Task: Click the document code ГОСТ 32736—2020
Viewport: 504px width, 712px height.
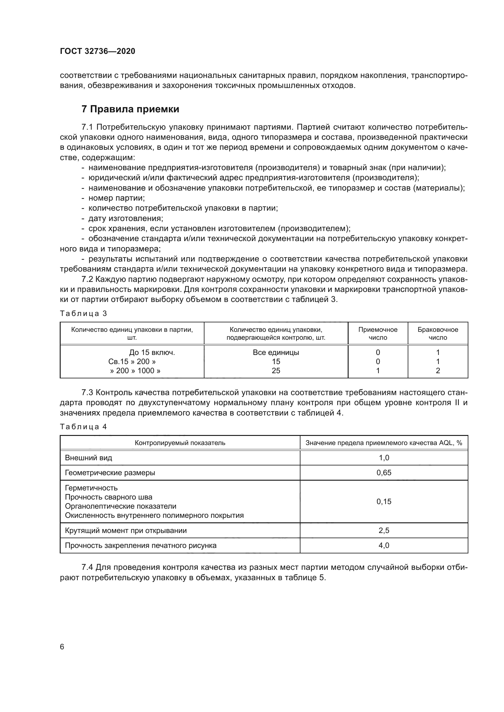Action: (x=98, y=51)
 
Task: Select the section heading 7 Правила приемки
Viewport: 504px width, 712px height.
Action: (x=130, y=109)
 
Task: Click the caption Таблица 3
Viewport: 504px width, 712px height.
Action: (x=83, y=314)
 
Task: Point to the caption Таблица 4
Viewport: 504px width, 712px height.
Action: (x=83, y=427)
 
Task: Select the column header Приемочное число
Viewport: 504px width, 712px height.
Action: (x=378, y=333)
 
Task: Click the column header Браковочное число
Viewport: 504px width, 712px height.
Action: (x=438, y=333)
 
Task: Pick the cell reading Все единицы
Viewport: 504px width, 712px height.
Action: (x=276, y=352)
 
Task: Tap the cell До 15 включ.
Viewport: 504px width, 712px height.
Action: (x=152, y=352)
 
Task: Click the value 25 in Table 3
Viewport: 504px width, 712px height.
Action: (x=276, y=370)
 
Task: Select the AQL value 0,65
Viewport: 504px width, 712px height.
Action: (x=384, y=473)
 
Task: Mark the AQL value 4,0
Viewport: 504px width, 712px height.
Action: (x=384, y=545)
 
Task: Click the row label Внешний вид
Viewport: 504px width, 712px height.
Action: (x=88, y=458)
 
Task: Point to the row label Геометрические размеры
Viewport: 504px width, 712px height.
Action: (x=110, y=473)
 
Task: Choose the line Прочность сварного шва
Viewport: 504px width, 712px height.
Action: (x=108, y=497)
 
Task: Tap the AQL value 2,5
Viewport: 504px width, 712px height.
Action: (x=384, y=530)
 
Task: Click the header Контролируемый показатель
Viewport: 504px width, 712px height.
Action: (x=180, y=443)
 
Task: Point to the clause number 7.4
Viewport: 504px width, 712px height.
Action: (x=87, y=567)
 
